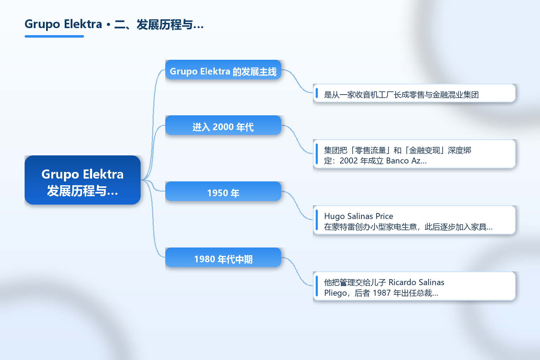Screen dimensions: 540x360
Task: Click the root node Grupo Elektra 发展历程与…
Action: click(x=83, y=180)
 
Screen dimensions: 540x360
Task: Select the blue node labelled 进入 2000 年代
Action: click(x=223, y=125)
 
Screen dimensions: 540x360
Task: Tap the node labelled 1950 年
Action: click(x=223, y=191)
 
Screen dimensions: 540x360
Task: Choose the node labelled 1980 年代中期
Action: click(x=223, y=257)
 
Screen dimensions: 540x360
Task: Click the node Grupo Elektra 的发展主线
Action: click(x=223, y=70)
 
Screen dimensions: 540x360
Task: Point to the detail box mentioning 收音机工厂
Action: click(x=414, y=93)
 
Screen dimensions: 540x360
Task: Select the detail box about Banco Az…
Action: click(x=414, y=154)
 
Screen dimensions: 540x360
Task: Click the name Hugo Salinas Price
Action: click(x=359, y=216)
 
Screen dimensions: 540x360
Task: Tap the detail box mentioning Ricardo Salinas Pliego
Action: click(x=414, y=286)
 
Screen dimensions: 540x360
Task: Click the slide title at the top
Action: click(x=114, y=24)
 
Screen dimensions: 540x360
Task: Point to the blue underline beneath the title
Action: click(x=54, y=37)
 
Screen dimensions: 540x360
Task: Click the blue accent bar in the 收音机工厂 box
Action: click(x=317, y=93)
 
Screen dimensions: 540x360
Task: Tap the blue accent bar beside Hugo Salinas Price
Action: click(x=317, y=220)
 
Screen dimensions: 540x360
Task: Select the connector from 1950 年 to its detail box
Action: click(x=297, y=205)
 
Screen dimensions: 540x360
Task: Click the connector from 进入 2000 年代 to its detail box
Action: click(x=297, y=139)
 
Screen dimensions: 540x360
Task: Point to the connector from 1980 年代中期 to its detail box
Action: click(x=297, y=271)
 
